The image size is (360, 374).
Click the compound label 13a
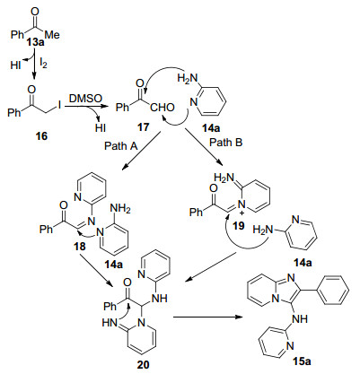click(x=35, y=42)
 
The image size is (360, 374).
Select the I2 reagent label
click(x=43, y=63)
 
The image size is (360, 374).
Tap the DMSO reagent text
click(x=86, y=98)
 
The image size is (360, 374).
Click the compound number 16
click(x=41, y=136)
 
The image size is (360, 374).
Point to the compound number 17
click(x=143, y=127)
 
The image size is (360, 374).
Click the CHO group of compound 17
click(x=162, y=108)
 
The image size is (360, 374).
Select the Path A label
click(x=121, y=146)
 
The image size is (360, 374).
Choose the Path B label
click(x=226, y=143)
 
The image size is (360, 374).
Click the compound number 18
click(x=80, y=247)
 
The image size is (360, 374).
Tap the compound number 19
click(x=239, y=225)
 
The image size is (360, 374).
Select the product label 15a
click(x=302, y=361)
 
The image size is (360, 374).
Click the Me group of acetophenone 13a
click(x=52, y=35)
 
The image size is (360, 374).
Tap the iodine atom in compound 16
click(x=60, y=105)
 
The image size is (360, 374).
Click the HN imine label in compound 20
click(x=110, y=323)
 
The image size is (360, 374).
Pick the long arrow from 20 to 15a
click(x=207, y=317)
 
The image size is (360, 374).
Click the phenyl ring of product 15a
click(x=334, y=290)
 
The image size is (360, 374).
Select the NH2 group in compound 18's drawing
click(x=120, y=209)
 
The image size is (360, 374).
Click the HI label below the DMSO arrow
click(x=101, y=128)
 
